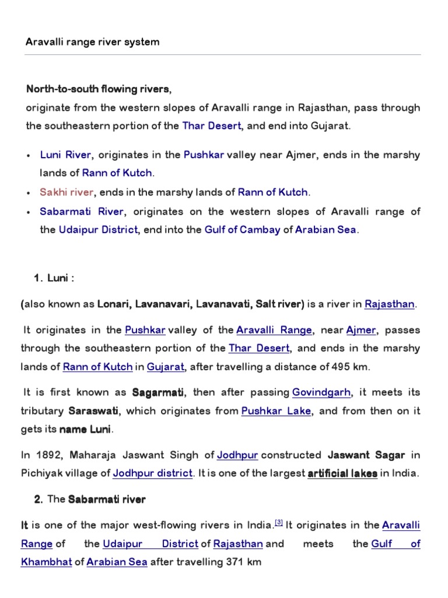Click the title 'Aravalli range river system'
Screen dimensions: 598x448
93,43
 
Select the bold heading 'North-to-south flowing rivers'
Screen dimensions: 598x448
98,89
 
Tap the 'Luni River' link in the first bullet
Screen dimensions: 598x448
65,155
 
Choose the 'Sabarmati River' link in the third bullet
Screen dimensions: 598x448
82,211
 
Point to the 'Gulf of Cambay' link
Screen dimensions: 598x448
242,230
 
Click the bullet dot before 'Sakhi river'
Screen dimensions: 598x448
29,193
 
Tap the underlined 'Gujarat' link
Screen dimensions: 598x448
166,367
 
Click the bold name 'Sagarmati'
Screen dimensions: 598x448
158,392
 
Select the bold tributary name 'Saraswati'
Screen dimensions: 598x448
94,411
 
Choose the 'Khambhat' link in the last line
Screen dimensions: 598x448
46,563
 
